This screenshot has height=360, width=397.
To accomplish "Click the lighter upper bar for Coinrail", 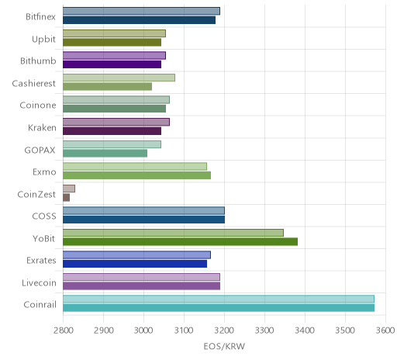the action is click(219, 299).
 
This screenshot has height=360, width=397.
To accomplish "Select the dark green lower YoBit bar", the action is click(180, 242).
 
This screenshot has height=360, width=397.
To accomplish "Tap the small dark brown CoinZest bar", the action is click(67, 198).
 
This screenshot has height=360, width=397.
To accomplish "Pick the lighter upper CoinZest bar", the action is click(69, 189).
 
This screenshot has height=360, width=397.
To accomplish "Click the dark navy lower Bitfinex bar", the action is click(139, 20).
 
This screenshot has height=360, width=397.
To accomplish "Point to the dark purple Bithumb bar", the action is click(112, 64).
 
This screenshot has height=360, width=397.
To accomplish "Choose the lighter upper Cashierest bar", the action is click(119, 78).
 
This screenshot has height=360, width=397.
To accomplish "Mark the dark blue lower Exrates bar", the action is click(135, 264).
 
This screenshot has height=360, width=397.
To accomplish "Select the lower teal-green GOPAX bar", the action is click(105, 154).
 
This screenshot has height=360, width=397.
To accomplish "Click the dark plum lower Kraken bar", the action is click(112, 131).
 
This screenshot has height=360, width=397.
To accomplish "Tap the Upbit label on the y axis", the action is click(43, 40).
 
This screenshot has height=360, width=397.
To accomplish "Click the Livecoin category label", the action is click(39, 282).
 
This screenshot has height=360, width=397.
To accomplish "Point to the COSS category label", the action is click(44, 216).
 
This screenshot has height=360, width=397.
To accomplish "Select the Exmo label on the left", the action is click(44, 172).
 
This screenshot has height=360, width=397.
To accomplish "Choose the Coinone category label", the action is click(38, 106).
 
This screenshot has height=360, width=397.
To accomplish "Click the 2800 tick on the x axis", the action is click(64, 331).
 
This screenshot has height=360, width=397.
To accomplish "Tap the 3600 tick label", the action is click(385, 331).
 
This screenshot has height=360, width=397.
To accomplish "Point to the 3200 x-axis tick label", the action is click(224, 331).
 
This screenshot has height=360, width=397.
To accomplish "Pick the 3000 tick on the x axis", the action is click(143, 331).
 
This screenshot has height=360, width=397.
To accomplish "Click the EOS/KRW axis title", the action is click(224, 346).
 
